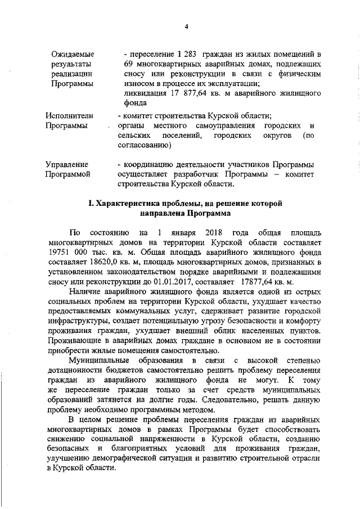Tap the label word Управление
click(67, 164)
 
